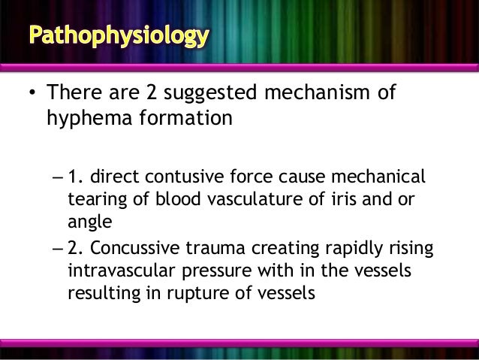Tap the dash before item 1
point(59,178)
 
